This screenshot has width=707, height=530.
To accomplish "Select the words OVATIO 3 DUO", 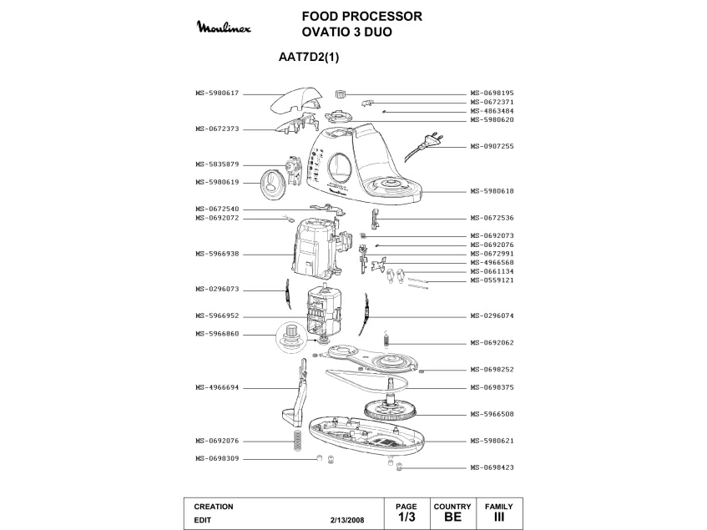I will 346,32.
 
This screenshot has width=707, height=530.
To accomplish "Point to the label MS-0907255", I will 492,147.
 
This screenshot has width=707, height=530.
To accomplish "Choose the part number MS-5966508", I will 492,414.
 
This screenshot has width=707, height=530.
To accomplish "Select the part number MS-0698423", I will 492,467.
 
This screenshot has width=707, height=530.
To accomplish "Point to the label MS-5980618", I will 492,191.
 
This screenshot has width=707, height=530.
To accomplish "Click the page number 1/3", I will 406,517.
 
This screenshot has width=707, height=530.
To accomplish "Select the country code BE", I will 452,517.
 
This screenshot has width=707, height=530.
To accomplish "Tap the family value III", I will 499,517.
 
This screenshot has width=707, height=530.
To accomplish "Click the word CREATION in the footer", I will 213,507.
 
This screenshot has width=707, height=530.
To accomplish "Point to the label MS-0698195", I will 492,93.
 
